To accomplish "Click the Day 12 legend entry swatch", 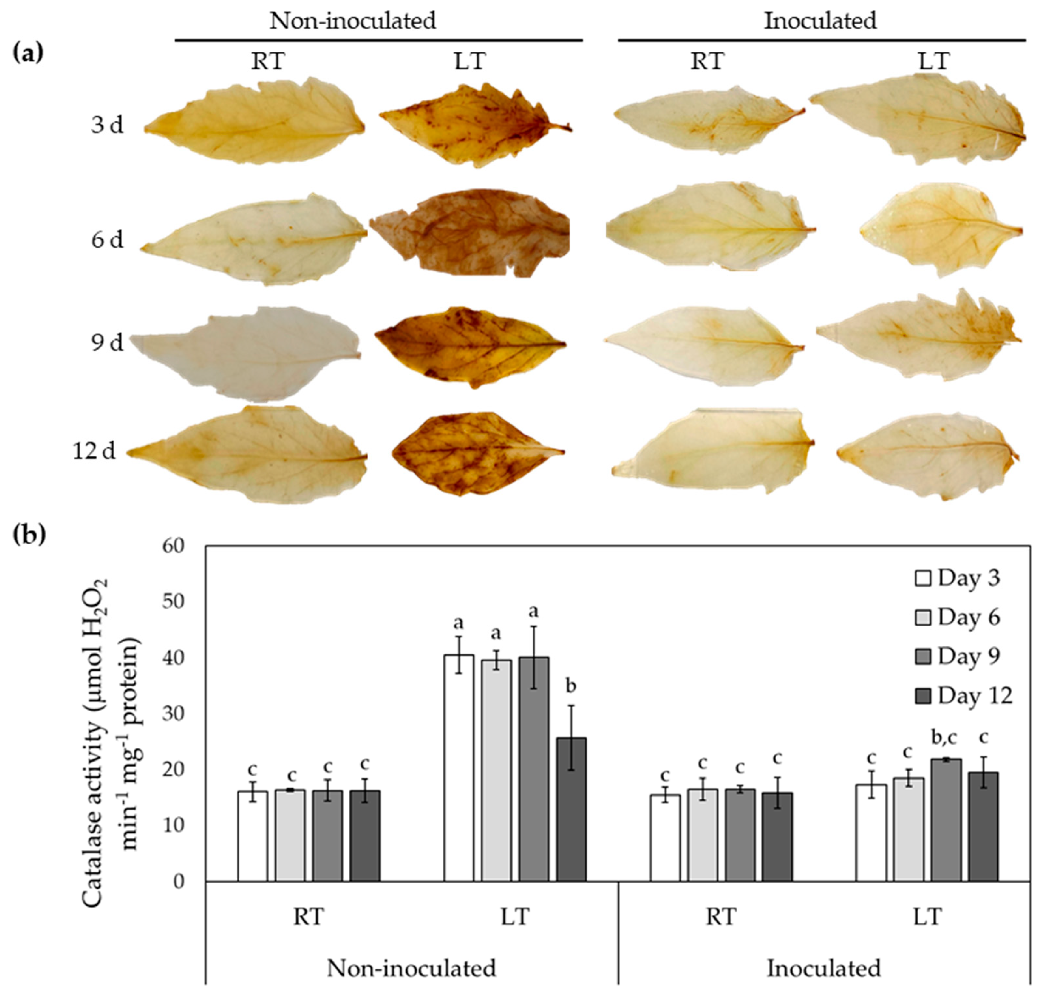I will coord(923,696).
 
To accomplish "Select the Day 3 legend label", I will coord(968,579).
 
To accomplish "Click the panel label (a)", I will coord(28,54).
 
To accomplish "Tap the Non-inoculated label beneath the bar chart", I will coord(411,968).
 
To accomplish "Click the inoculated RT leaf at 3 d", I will coord(708,120).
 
